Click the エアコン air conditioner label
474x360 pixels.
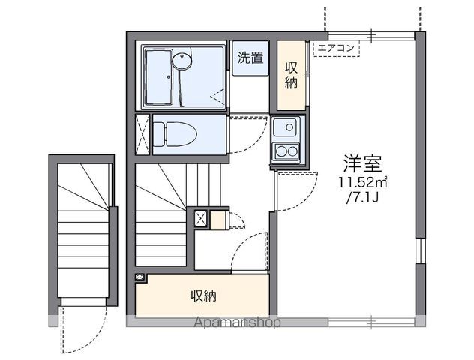(336, 48)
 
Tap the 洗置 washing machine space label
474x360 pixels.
(250, 58)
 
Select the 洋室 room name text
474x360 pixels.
(362, 163)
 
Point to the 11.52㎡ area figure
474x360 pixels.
(362, 182)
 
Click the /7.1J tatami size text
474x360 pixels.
(363, 198)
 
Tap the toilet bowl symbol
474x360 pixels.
(175, 134)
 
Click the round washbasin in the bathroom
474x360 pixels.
(182, 60)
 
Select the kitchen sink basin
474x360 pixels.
(286, 127)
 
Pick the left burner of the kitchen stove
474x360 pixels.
(282, 151)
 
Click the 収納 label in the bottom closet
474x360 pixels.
(203, 295)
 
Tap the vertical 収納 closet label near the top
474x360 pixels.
(292, 75)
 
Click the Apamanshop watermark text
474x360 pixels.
(237, 322)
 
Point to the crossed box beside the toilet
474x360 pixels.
(142, 134)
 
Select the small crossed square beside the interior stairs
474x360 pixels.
(201, 218)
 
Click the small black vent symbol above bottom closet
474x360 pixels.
(140, 277)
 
